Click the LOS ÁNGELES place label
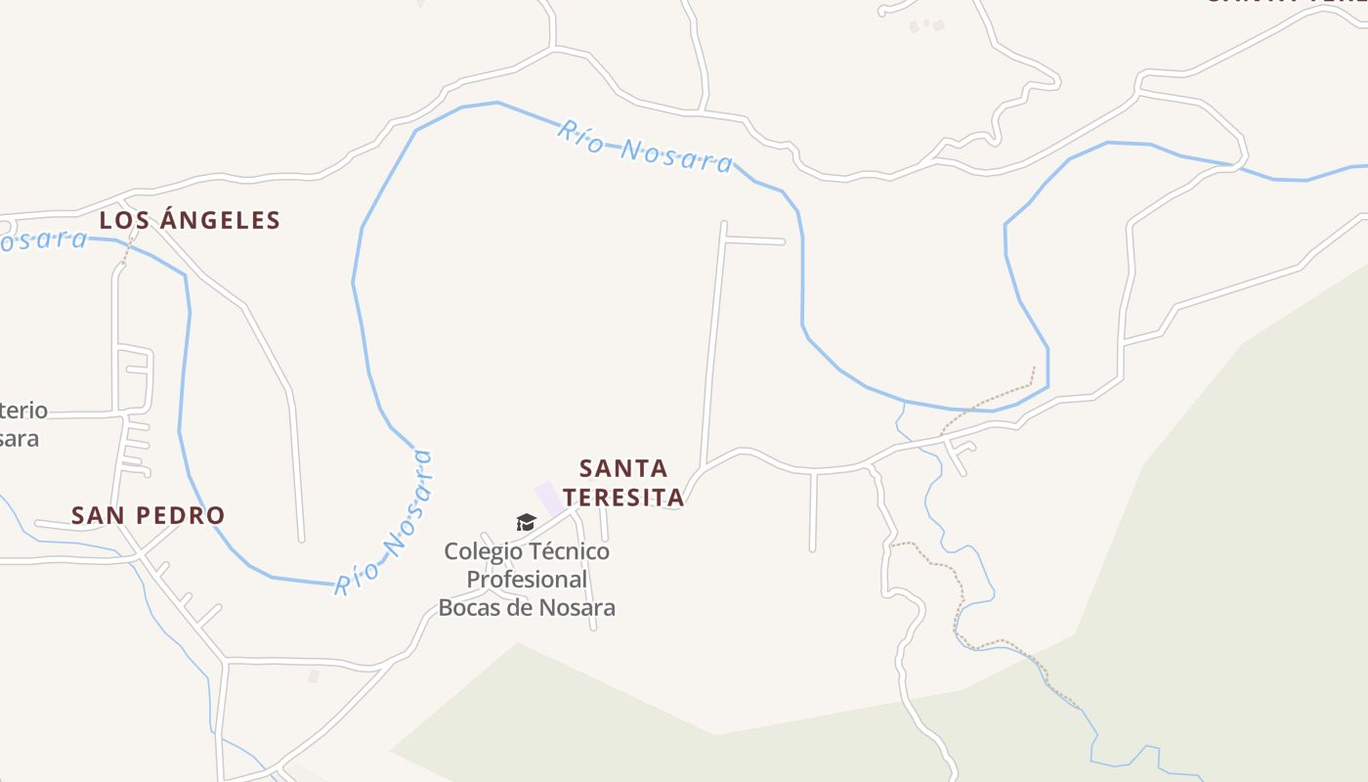(x=190, y=221)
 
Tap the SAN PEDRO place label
(x=148, y=515)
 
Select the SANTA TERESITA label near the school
(x=623, y=483)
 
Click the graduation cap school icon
(x=526, y=523)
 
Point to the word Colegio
(x=480, y=551)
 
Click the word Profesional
(x=527, y=580)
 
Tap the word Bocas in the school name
(x=467, y=608)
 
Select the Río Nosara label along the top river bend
(x=645, y=147)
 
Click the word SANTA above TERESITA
(x=623, y=468)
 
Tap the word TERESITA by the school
(x=623, y=498)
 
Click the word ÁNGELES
(x=219, y=221)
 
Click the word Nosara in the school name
(x=577, y=608)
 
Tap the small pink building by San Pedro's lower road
(x=314, y=675)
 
